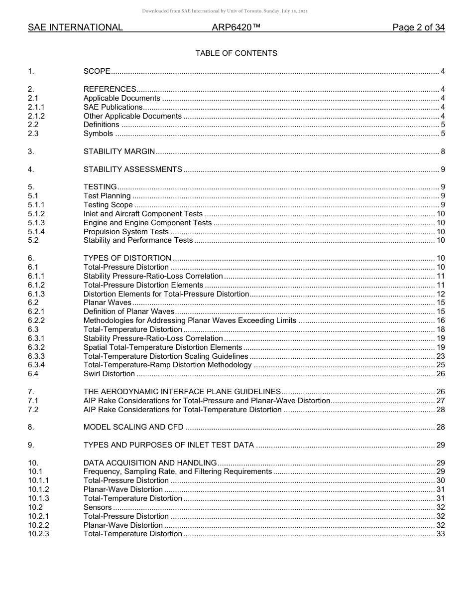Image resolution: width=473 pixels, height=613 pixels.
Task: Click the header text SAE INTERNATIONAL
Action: (75, 28)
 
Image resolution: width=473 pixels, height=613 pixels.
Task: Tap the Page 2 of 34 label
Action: (418, 28)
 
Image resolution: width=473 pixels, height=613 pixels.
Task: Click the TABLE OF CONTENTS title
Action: (236, 53)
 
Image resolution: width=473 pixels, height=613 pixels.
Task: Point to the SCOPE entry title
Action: (97, 72)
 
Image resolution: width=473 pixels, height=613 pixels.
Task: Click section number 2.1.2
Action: (36, 116)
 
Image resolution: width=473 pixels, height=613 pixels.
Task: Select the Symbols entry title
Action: (98, 134)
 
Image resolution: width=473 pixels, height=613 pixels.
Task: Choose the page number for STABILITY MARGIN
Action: (442, 152)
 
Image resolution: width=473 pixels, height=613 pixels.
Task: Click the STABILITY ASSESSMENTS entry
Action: (132, 170)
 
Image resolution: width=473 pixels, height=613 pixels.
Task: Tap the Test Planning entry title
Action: (107, 196)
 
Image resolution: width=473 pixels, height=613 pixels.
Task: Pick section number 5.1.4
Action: (36, 232)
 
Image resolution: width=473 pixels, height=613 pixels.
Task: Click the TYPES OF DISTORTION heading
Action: (127, 259)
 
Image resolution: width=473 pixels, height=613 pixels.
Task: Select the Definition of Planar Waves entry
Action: (128, 312)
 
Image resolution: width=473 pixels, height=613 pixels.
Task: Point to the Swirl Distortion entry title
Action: (109, 374)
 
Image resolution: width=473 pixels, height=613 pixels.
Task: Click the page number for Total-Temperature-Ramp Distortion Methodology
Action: (440, 365)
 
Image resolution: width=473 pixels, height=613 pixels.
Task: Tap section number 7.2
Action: (33, 410)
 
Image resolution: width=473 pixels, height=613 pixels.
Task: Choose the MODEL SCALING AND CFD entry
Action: (133, 428)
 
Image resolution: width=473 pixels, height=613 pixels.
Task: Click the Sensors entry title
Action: (98, 508)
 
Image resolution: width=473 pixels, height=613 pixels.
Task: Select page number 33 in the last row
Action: (440, 534)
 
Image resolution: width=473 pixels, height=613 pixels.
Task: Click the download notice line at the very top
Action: (225, 11)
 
